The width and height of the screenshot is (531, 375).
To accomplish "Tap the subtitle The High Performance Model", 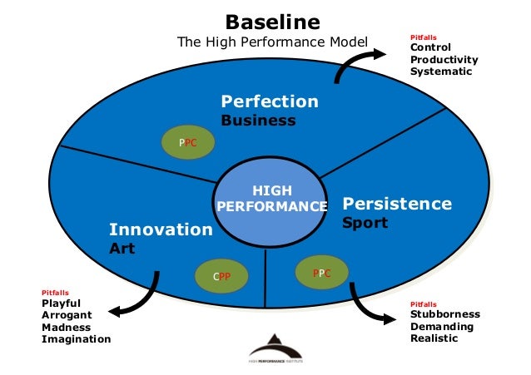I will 272,41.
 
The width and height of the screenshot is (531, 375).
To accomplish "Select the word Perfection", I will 269,102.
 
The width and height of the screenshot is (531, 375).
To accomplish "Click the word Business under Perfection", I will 257,121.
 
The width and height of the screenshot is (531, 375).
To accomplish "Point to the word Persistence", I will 397,204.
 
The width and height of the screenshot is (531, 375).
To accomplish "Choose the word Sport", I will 365,224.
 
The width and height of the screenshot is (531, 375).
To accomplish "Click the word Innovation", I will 161,229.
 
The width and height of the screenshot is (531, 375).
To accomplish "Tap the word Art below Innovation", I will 122,249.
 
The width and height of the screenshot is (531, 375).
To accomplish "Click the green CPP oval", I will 221,275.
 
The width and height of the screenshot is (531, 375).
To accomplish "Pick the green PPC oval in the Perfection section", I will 188,142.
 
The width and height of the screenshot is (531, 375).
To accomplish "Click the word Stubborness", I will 445,314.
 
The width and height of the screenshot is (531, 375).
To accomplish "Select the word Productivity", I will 444,59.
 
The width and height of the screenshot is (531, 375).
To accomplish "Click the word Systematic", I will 441,72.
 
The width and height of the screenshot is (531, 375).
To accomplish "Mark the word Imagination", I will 76,339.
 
